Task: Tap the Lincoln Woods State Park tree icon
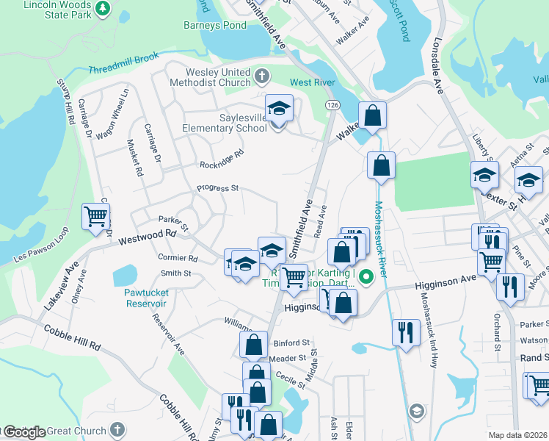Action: tap(103, 8)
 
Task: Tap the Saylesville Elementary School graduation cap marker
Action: tap(279, 109)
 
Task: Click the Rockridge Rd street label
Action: tap(220, 158)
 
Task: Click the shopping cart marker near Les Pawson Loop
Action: tap(96, 217)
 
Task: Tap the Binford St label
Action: tap(291, 343)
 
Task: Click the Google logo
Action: tap(24, 432)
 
